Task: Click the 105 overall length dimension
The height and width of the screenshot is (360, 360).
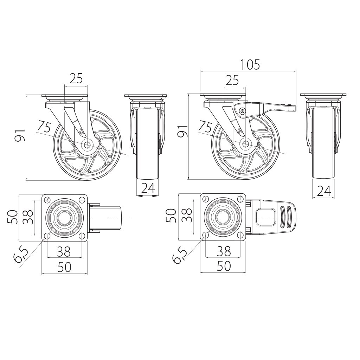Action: coord(250,65)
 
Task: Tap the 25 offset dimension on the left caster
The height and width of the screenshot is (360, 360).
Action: coord(76,78)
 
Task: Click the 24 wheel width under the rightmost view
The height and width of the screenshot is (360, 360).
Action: coord(324,191)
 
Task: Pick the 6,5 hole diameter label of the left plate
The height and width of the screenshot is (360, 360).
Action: coord(21,255)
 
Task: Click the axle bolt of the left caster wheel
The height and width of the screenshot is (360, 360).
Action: coord(87,144)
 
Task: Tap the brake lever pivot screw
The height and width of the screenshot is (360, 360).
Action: coord(242,111)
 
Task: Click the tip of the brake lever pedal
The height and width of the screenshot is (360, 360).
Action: coord(296,108)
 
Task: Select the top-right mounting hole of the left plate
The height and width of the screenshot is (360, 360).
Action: coord(82,199)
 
